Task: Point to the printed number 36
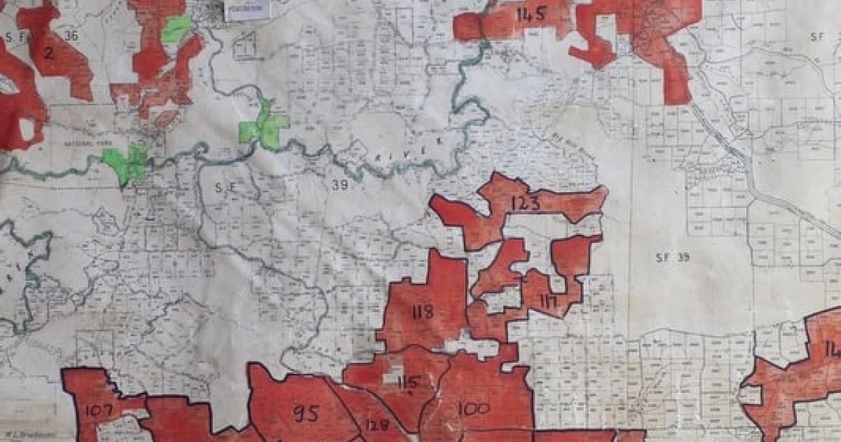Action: click(70, 36)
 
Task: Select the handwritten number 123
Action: click(526, 203)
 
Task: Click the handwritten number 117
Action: click(548, 301)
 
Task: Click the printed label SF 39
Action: click(672, 257)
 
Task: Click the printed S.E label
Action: click(223, 187)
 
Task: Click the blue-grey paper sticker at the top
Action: click(246, 10)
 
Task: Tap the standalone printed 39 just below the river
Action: click(339, 185)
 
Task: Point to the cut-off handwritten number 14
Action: click(832, 349)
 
